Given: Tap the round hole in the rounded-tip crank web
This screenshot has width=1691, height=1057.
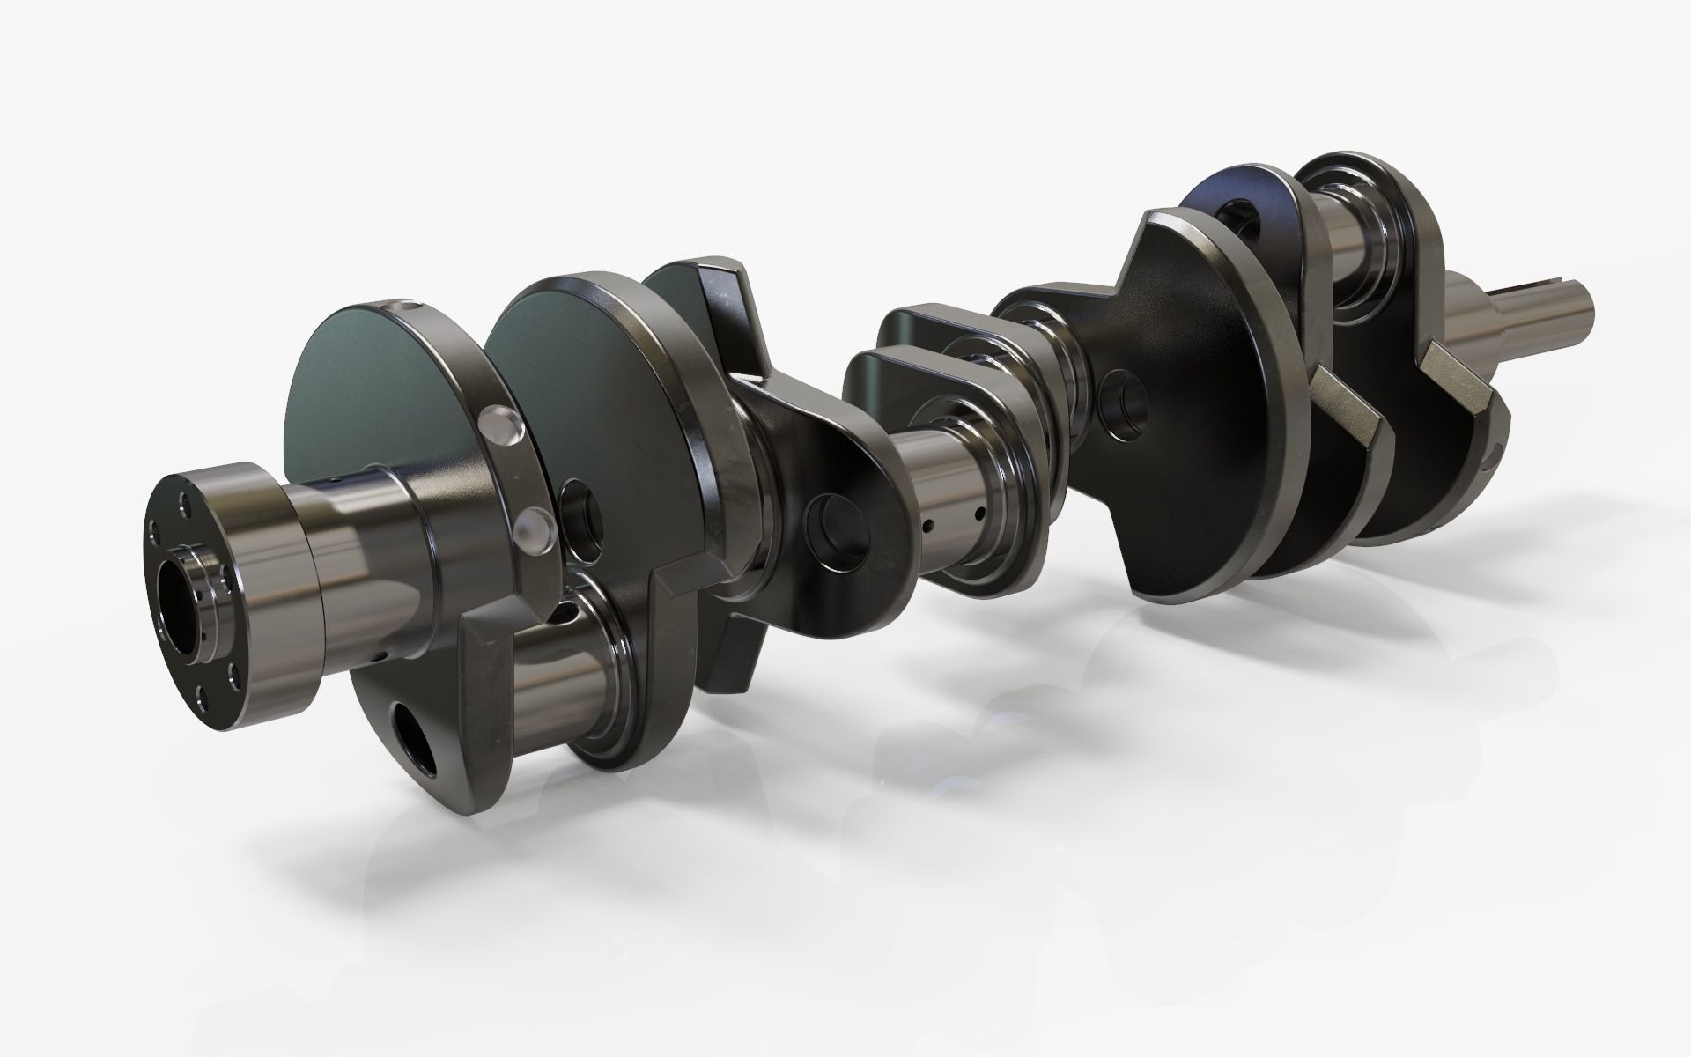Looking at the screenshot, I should pos(841,525).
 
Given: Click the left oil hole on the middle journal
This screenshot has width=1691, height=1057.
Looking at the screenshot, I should pos(928,527).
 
